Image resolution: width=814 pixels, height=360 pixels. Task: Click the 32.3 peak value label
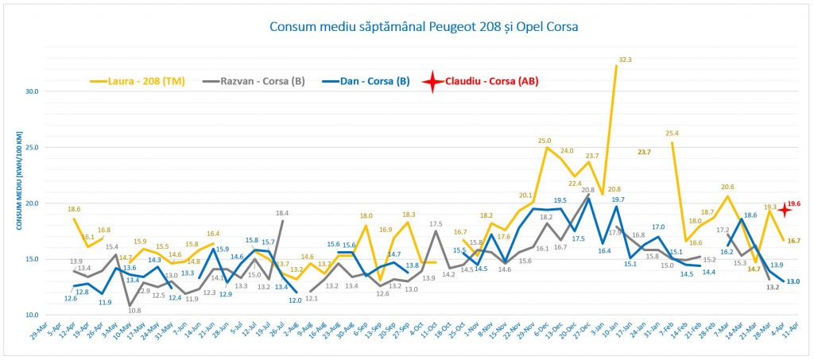click(625, 60)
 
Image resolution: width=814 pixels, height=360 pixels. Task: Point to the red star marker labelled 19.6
click(783, 210)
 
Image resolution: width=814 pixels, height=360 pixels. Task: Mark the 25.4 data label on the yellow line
click(672, 134)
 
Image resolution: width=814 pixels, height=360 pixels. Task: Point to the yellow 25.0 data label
click(545, 141)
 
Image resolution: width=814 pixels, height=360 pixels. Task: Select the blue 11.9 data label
click(105, 302)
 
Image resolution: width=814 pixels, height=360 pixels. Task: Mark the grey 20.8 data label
click(587, 190)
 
